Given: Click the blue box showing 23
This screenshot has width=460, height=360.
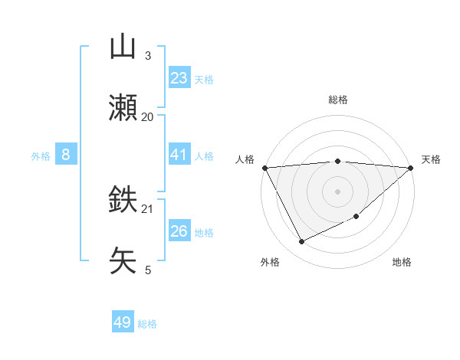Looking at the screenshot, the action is point(179,78).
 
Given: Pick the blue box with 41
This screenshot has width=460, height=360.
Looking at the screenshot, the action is point(179,155).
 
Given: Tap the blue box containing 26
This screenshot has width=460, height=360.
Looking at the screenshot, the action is point(179,231).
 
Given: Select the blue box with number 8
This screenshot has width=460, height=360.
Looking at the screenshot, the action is point(66,155).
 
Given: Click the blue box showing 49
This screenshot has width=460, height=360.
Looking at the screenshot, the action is point(123,322).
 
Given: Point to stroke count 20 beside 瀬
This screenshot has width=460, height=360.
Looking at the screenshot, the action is point(147,117).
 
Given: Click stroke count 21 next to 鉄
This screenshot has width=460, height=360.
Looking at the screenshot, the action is point(147,208).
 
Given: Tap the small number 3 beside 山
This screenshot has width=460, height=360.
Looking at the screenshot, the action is point(147,56).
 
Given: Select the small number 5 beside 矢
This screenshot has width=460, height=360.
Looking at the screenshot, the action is point(147,270).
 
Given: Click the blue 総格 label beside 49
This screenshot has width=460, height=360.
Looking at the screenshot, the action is point(147,324).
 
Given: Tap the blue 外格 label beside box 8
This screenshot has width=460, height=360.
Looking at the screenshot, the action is point(41,155).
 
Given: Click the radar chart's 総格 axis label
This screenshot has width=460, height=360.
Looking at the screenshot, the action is point(337,100).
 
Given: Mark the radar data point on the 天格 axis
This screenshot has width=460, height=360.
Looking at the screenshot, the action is point(410,168).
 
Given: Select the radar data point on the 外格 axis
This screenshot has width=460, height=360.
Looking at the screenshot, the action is point(301,241).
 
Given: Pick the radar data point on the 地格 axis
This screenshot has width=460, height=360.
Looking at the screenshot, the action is point(356,217).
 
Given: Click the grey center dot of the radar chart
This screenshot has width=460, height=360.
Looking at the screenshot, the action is point(337,191).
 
